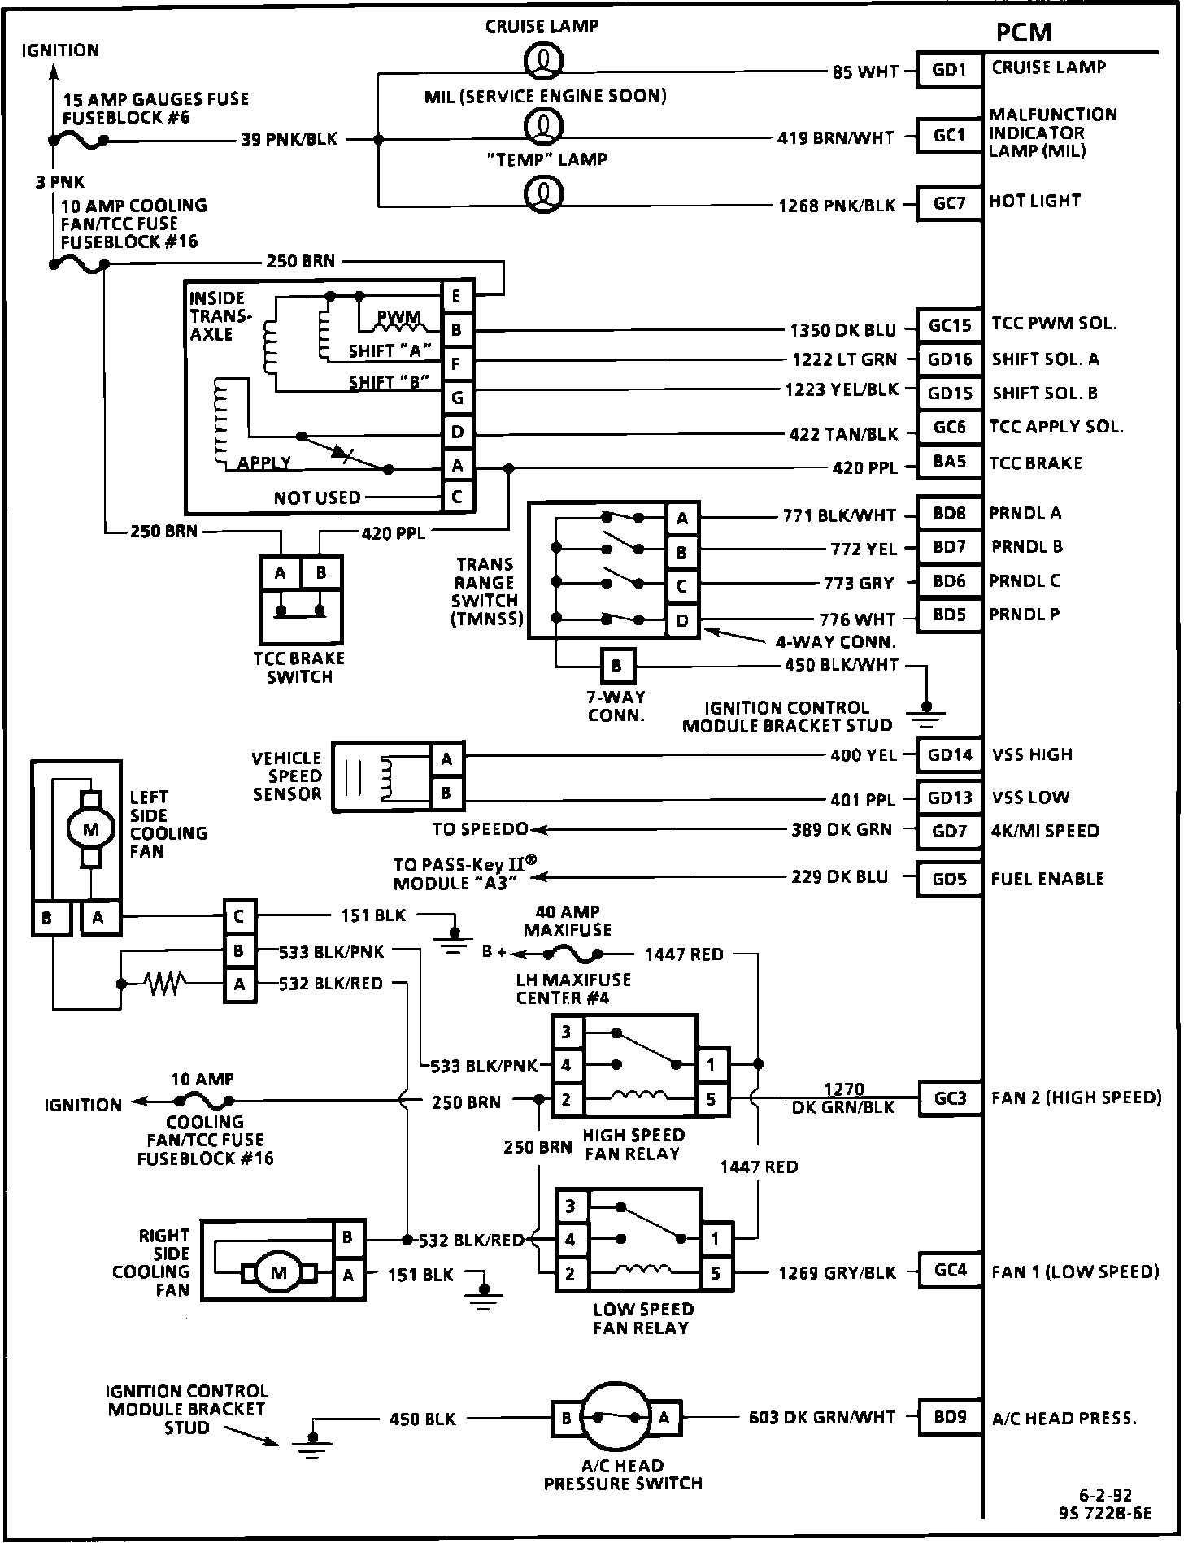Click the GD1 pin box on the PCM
pyautogui.click(x=949, y=70)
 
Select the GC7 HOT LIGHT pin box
pyautogui.click(x=949, y=203)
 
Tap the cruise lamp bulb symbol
pyautogui.click(x=545, y=60)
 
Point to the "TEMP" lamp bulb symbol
pyautogui.click(x=545, y=193)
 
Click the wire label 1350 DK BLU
pyautogui.click(x=842, y=330)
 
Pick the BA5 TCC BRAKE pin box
pyautogui.click(x=949, y=462)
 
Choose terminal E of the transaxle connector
pyautogui.click(x=457, y=297)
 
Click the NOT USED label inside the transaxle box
pyautogui.click(x=317, y=498)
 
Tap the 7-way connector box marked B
pyautogui.click(x=616, y=667)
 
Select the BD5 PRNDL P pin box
pyautogui.click(x=949, y=615)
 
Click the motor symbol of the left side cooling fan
pyautogui.click(x=90, y=829)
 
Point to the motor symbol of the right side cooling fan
pyautogui.click(x=278, y=1273)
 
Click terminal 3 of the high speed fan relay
pyautogui.click(x=567, y=1032)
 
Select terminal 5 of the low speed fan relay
pyautogui.click(x=716, y=1273)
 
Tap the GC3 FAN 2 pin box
pyautogui.click(x=950, y=1098)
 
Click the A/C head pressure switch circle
pyautogui.click(x=616, y=1418)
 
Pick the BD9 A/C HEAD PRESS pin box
pyautogui.click(x=950, y=1417)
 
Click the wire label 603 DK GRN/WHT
pyautogui.click(x=822, y=1418)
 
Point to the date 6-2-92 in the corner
pyautogui.click(x=1105, y=1496)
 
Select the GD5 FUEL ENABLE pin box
pyautogui.click(x=949, y=879)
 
